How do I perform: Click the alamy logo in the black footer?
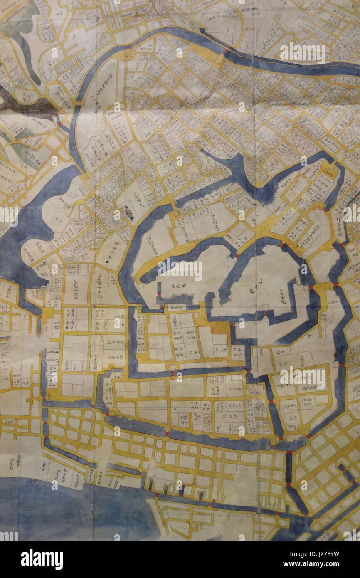[x=42, y=559]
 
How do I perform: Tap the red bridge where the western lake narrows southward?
[x=40, y=317]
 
